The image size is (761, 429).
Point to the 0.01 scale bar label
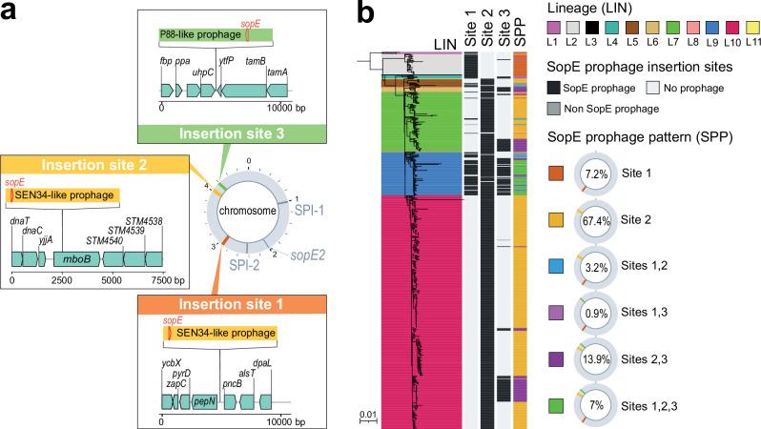click(369, 412)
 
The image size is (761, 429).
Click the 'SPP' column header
click(521, 28)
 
